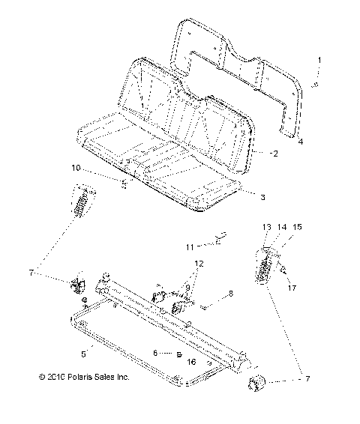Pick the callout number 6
[x=155, y=352]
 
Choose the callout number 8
[x=210, y=294]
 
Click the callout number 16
[x=191, y=361]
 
